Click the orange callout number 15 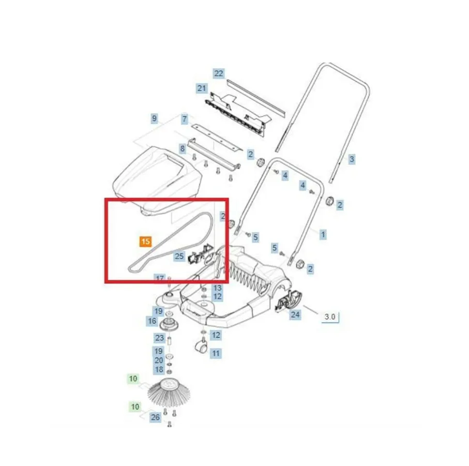pos(145,242)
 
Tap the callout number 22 pos(219,73)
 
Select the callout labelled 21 pos(202,88)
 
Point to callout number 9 pos(154,118)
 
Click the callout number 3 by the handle pos(352,159)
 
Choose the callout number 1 pos(323,234)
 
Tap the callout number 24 pos(295,314)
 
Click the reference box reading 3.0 pos(330,317)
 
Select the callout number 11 pos(216,354)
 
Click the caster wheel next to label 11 pos(200,347)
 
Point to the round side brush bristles pos(169,393)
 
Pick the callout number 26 pos(155,417)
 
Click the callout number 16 pos(152,321)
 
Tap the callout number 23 pos(159,338)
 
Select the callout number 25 pos(179,257)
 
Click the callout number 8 pos(182,148)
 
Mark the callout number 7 pos(184,119)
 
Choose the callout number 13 pos(217,288)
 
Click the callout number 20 pos(159,360)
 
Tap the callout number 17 pos(160,278)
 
